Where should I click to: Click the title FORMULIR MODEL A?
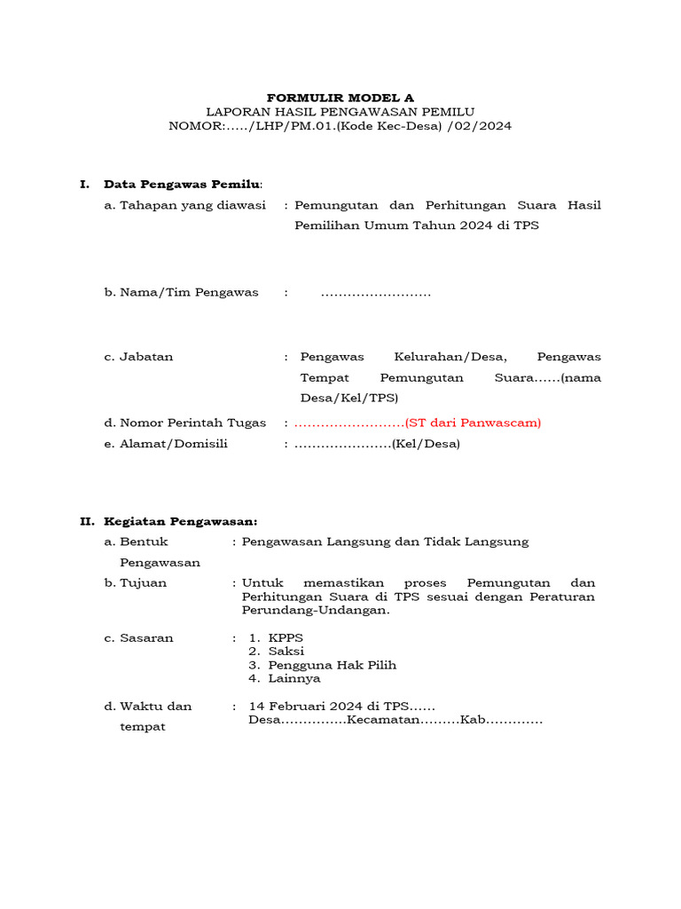(340, 97)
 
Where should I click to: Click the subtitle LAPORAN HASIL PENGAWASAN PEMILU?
(340, 112)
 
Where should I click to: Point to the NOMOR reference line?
(340, 127)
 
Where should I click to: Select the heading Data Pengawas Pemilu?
(183, 185)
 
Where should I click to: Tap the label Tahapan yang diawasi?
(185, 205)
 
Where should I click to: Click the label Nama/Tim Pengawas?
(182, 292)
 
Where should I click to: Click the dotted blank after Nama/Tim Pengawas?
(375, 292)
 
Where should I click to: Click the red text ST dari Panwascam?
(473, 423)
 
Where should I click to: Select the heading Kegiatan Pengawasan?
(181, 521)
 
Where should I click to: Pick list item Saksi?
(286, 652)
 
